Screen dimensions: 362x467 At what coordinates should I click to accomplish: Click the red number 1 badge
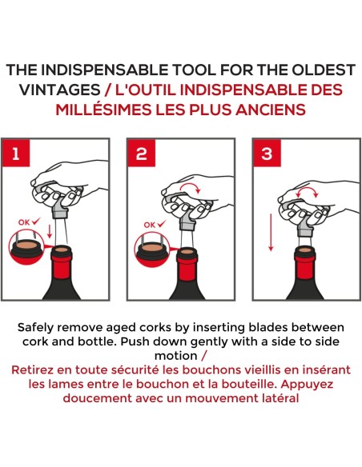click(x=16, y=153)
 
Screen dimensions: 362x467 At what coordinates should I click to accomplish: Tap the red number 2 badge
click(x=142, y=153)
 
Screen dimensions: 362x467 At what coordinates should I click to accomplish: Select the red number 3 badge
click(x=267, y=153)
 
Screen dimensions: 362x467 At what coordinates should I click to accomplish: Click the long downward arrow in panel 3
click(x=271, y=233)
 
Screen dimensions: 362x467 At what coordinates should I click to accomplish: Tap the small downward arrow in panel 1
click(x=50, y=231)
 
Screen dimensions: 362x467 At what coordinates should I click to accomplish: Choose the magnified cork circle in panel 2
click(x=152, y=249)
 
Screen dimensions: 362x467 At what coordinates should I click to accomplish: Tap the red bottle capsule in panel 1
click(x=62, y=261)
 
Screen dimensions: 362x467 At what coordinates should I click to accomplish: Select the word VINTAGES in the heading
click(x=59, y=90)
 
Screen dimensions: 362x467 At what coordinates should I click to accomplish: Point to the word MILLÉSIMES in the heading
click(x=103, y=110)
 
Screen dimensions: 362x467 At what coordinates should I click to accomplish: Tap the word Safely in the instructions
click(x=35, y=328)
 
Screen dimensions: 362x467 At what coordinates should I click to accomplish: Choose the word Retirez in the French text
click(x=32, y=370)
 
